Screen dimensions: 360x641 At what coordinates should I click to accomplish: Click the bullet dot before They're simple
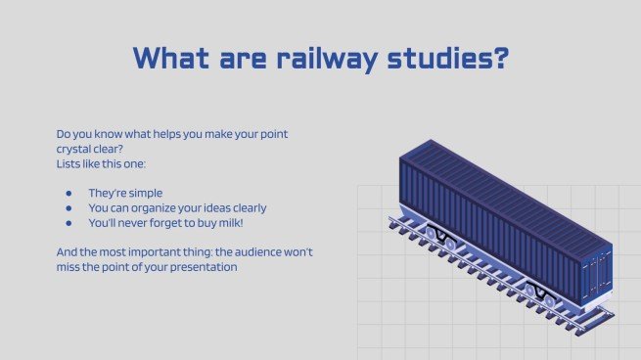[x=68, y=193]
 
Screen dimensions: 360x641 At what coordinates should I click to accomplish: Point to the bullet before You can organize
[x=68, y=207]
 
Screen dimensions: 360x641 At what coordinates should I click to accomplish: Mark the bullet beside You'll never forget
[x=68, y=222]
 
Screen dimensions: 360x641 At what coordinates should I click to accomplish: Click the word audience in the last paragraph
[x=244, y=252]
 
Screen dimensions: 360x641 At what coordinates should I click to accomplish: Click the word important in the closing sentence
[x=155, y=252]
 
